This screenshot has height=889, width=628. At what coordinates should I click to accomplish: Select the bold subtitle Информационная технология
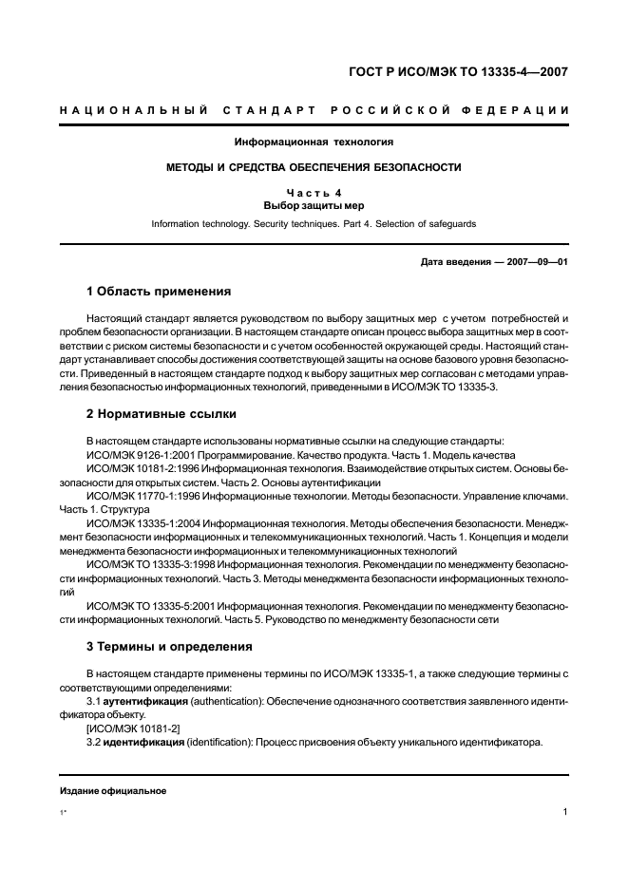[314, 142]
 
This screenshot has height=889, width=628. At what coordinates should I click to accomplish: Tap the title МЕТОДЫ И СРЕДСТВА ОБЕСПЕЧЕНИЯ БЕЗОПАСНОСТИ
[314, 167]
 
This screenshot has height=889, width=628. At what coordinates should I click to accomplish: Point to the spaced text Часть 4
[314, 193]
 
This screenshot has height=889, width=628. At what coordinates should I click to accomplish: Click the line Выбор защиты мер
[314, 205]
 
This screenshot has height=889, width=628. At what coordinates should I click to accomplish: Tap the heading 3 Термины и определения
[168, 647]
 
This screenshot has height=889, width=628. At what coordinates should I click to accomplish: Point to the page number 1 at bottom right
[564, 812]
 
